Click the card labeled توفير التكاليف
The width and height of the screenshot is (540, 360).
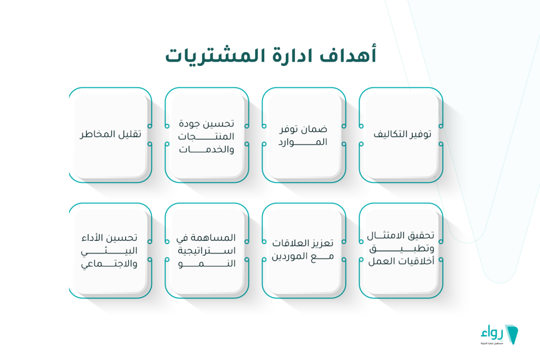pos(401,135)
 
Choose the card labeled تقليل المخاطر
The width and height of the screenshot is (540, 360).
pos(110,135)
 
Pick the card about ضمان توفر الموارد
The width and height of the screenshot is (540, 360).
pos(304,135)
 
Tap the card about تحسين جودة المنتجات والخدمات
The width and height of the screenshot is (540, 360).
pos(207,135)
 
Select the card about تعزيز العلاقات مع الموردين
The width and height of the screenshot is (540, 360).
pos(304,250)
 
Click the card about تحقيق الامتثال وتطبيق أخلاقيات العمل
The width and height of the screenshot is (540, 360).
pos(401,250)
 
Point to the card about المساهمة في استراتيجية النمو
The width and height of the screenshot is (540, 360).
pos(207,250)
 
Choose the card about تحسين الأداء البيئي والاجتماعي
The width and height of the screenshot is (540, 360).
pos(110,250)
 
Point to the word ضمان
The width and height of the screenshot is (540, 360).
pos(316,129)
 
